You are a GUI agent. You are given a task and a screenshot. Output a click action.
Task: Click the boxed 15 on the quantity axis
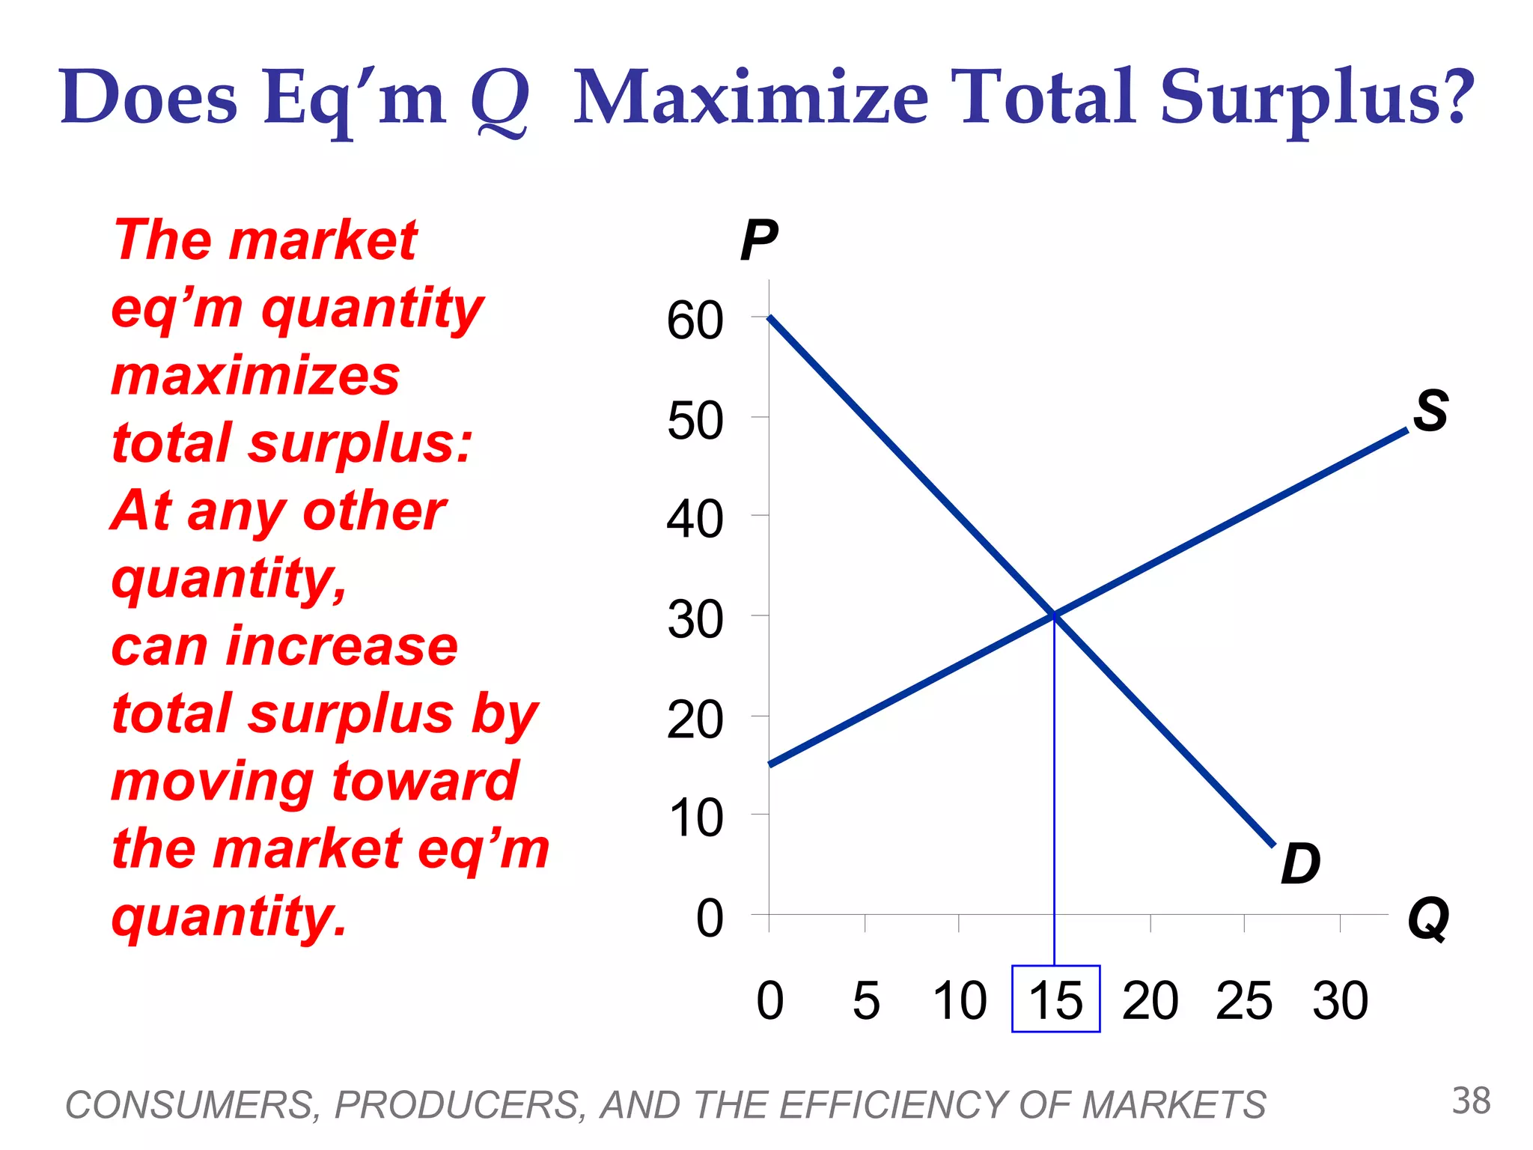(x=1055, y=1000)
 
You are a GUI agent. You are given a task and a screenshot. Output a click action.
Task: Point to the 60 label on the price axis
(x=695, y=320)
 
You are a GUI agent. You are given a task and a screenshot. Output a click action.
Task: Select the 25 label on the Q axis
(x=1243, y=1000)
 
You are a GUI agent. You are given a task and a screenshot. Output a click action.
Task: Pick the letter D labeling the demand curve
(x=1300, y=863)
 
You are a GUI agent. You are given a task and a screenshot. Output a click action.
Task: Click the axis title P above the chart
(x=758, y=240)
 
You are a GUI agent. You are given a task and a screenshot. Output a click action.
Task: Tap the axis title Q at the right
(x=1428, y=919)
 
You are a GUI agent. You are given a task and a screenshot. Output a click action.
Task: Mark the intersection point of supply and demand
(x=1054, y=615)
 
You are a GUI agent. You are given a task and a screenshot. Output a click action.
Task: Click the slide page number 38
(x=1471, y=1101)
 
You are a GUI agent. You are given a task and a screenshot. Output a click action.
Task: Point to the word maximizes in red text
(x=255, y=376)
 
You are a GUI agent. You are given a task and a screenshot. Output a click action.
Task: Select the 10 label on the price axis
(x=695, y=818)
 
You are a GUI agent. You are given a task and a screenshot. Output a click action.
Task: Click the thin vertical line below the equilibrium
(x=1054, y=786)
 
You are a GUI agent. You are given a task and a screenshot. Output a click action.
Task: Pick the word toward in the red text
(x=424, y=781)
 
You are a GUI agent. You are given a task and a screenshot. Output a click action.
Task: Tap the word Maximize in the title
(x=751, y=97)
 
